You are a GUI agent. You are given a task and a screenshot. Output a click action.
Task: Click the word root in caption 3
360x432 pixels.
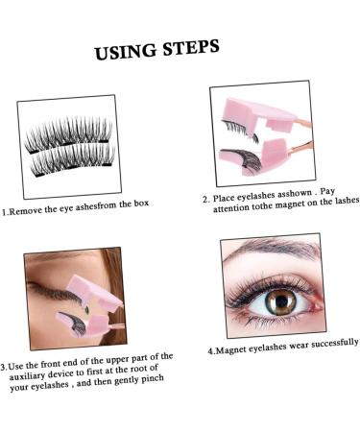coord(157,368)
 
